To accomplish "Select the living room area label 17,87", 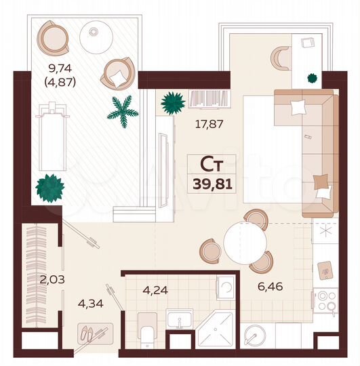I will coord(209,124).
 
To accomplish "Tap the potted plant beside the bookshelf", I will coord(172,103).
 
